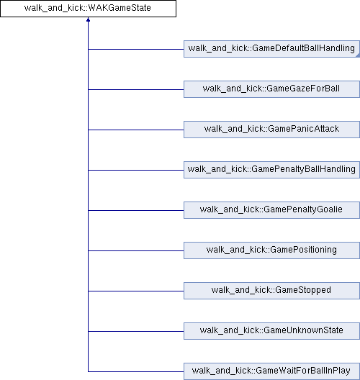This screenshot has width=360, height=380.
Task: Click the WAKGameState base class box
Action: [x=88, y=9]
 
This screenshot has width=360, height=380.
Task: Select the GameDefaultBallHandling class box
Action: [x=271, y=49]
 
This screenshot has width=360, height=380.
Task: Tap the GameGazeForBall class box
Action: [x=271, y=89]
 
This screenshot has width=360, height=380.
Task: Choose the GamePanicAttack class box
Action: [x=271, y=130]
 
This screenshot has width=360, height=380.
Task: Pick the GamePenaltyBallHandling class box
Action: [x=271, y=170]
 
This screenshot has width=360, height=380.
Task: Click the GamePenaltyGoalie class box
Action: [x=271, y=210]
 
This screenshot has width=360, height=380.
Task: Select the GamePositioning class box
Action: [x=271, y=250]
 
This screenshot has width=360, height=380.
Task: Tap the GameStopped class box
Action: [x=271, y=291]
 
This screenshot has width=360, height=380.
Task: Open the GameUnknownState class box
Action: [x=271, y=331]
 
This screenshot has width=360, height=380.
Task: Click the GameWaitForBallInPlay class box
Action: [x=271, y=371]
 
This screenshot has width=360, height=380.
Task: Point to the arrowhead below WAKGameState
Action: [x=88, y=19]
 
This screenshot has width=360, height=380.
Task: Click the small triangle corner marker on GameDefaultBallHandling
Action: [x=358, y=55]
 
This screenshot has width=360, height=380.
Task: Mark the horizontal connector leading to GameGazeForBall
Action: [x=136, y=89]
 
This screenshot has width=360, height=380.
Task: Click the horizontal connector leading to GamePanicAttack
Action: [x=136, y=130]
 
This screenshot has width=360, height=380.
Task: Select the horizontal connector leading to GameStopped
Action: [x=136, y=291]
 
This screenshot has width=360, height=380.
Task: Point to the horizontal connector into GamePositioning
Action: [x=136, y=251]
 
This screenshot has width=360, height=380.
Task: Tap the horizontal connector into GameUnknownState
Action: [x=136, y=331]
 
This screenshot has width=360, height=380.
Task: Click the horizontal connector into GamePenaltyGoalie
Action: [x=136, y=210]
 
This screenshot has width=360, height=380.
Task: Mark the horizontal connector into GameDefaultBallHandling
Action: [x=136, y=49]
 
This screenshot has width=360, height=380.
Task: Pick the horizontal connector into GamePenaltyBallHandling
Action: [x=136, y=170]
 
